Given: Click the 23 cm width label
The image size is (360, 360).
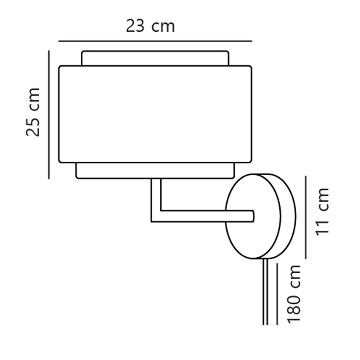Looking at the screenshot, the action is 150,26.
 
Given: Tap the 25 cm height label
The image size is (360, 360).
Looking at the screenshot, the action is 33,112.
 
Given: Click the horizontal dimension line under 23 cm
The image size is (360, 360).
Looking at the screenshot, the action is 155,41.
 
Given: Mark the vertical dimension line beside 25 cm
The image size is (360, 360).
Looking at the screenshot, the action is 49,115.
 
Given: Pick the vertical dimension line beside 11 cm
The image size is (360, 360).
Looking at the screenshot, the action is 306,217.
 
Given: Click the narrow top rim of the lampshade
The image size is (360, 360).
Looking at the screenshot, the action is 155,58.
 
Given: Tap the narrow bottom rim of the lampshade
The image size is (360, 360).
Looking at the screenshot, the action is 155,171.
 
